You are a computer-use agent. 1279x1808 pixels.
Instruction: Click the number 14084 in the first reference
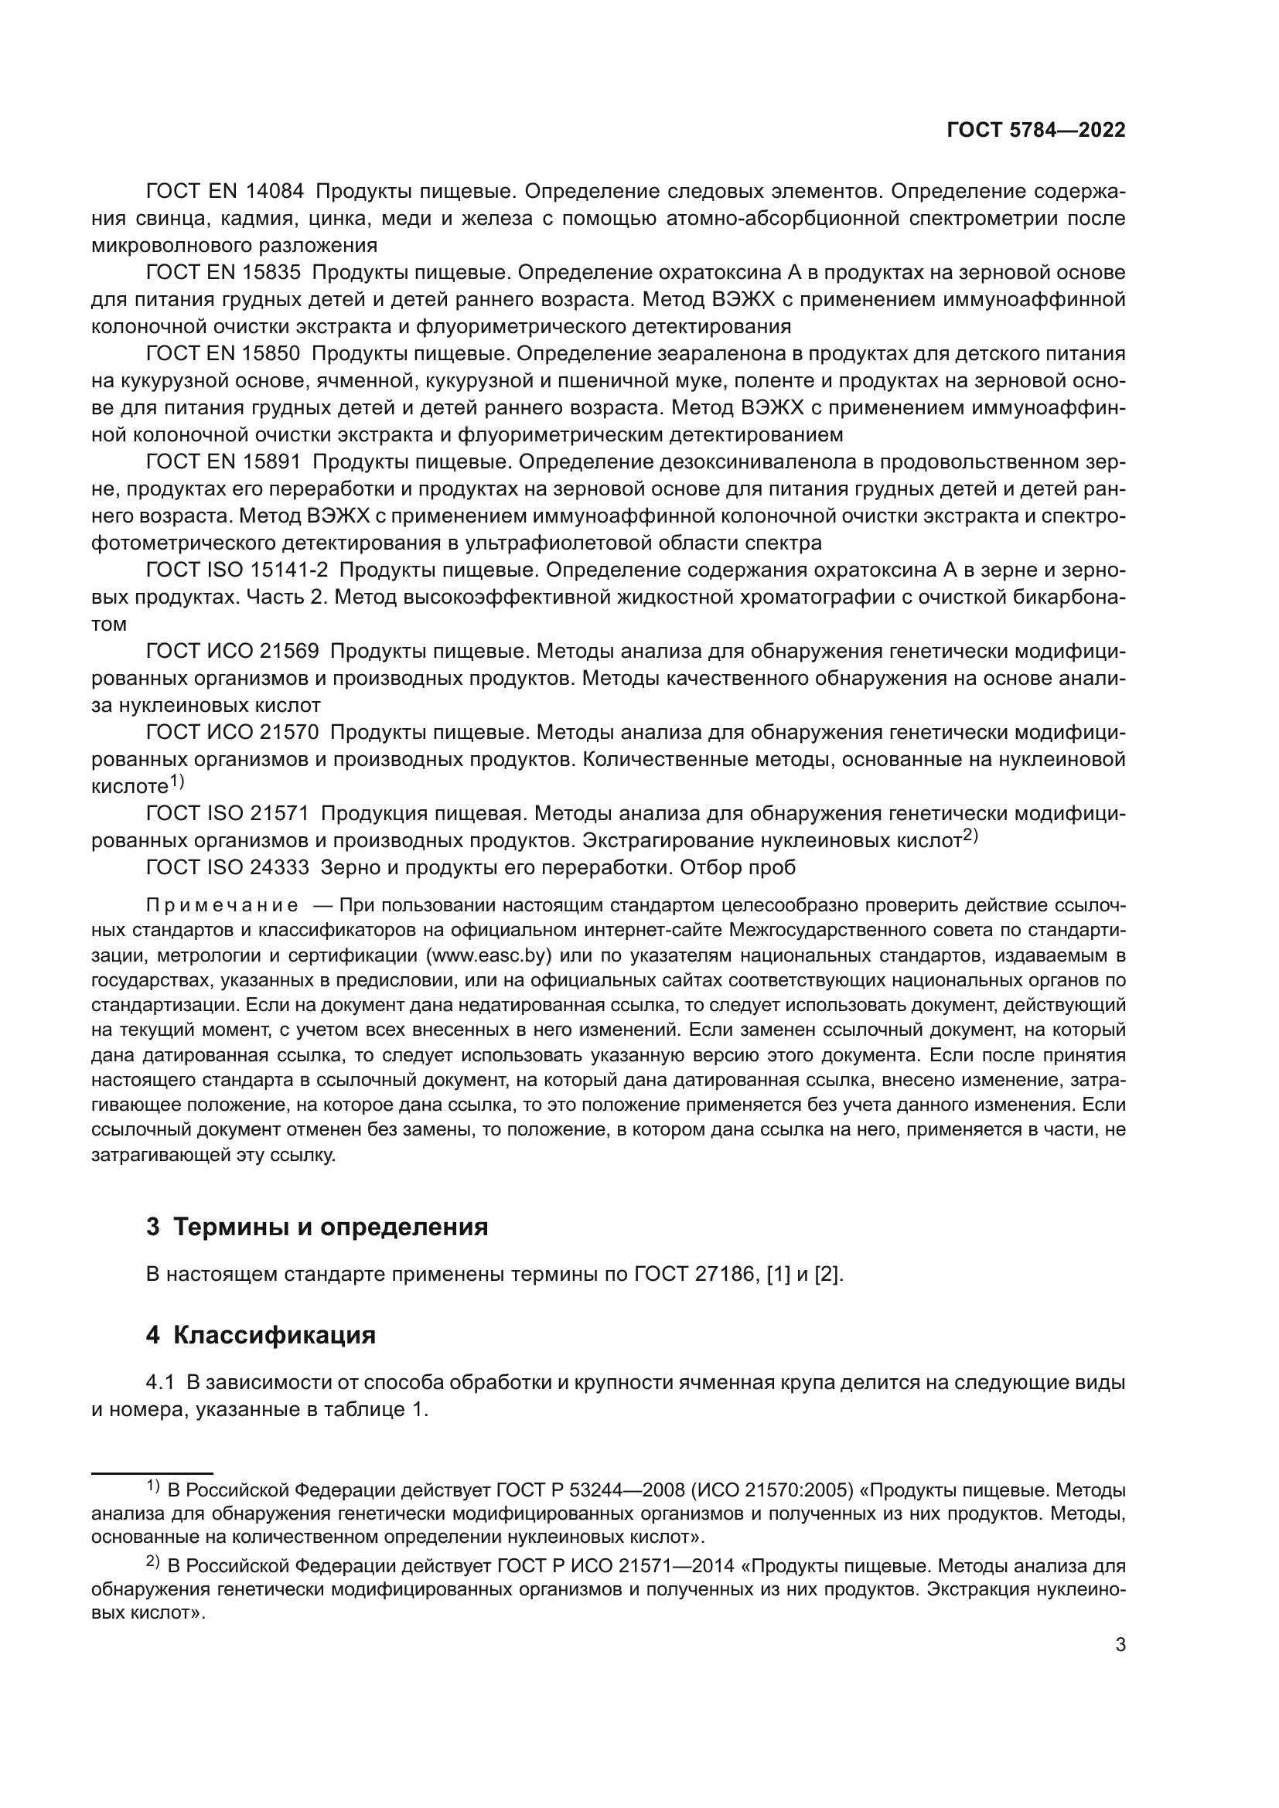tap(275, 192)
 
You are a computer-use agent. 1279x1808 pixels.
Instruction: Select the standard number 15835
tap(273, 272)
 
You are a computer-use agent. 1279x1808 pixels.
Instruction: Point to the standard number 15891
tap(275, 462)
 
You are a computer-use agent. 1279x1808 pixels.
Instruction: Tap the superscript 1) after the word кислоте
tap(177, 782)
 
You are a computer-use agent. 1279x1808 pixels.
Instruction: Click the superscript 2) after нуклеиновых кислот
tap(970, 836)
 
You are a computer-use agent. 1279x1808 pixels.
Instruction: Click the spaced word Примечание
tap(222, 905)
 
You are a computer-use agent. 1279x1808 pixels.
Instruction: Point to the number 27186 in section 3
tap(729, 1274)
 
